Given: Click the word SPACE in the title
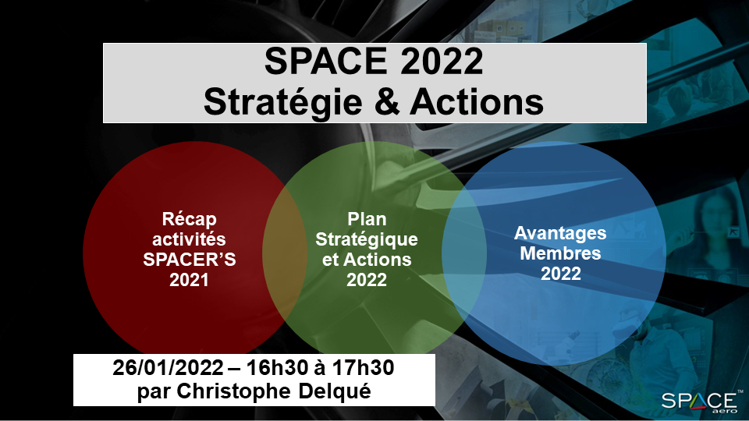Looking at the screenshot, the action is pos(325,61).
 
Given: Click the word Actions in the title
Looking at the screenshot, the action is pos(476,101).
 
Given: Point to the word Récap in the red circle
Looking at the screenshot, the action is pos(189,220).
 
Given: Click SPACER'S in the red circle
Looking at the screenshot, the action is pos(189,260).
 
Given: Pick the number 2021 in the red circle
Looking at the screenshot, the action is pos(189,280).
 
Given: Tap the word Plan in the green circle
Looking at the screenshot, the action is pos(367,219).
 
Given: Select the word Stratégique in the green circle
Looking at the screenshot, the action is pos(367,240).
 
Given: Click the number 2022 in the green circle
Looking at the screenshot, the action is pos(367,280).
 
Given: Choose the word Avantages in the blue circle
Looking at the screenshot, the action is pos(560,234).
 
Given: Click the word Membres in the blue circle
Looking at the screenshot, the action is pos(560,253).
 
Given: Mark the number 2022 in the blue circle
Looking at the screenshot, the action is pos(561,274).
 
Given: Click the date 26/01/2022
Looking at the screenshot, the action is pos(169,368).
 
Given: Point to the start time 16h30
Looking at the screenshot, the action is pos(277,368).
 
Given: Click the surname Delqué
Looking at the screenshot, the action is pos(335,392).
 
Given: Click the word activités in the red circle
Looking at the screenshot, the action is pos(189,239).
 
